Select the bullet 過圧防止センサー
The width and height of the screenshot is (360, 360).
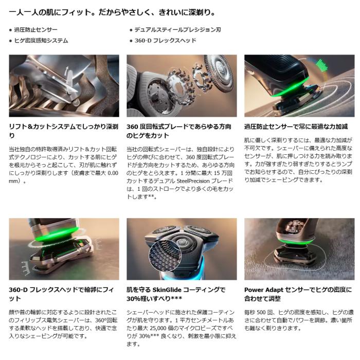pos(36,30)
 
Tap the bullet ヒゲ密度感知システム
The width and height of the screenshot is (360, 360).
pos(41,40)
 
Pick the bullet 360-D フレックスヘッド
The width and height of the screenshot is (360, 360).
pos(165,40)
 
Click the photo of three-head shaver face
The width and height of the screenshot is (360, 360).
pos(182,249)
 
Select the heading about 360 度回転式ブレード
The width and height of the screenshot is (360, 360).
pos(178,131)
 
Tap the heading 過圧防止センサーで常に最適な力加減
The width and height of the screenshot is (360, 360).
pos(295,126)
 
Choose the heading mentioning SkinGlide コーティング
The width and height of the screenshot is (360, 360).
pos(177,294)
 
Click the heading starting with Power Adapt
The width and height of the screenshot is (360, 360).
pos(298,294)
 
